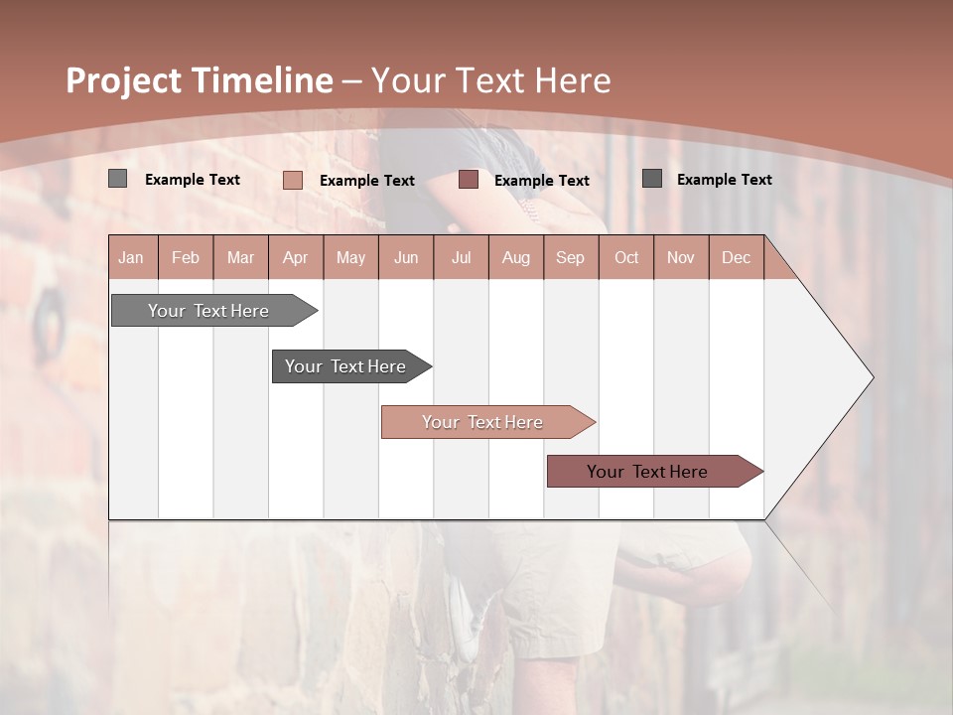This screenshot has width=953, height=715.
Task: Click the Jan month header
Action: pos(132,257)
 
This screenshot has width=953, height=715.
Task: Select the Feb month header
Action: pos(186,257)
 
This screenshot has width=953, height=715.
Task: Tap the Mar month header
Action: pos(240,257)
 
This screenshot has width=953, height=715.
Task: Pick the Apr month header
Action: pos(296,257)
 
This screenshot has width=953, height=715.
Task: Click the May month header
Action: pos(350,257)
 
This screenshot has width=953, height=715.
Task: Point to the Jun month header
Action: pos(406,257)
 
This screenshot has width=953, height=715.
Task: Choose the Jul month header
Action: pos(461,257)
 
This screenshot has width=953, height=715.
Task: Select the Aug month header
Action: pos(516,257)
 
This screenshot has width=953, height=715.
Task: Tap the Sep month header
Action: pos(571,257)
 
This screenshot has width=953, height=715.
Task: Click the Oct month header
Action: pos(626,257)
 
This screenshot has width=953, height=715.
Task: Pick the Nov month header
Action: pos(681,257)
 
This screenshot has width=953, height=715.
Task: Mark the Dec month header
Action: pos(737,257)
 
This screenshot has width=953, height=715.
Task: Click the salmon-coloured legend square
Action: pos(292,180)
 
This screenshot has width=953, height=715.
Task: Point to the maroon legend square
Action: pos(469,180)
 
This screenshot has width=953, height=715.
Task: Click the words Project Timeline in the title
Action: pos(199,80)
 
